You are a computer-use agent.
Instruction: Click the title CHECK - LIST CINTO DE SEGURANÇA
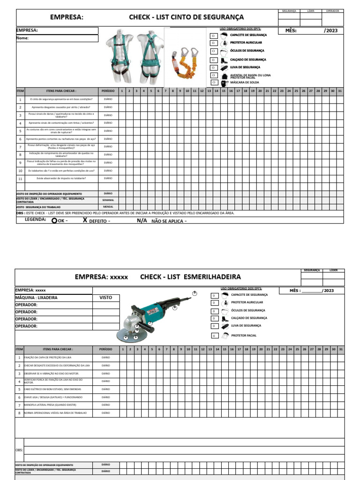tap(187, 17)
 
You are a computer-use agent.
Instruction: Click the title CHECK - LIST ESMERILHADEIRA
tap(190, 277)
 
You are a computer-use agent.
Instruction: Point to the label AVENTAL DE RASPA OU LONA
tap(250, 75)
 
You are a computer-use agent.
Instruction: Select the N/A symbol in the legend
tap(142, 220)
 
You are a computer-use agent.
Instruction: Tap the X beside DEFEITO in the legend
tap(85, 220)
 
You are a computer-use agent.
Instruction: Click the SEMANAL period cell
tap(108, 200)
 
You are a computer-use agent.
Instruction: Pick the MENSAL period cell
tap(108, 207)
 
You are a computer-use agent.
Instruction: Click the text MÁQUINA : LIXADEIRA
tap(37, 298)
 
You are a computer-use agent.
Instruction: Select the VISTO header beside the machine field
tap(105, 298)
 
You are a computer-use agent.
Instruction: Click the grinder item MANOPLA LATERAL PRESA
tap(50, 405)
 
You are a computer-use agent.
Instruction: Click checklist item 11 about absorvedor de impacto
tap(61, 179)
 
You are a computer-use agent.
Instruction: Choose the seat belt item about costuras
tap(61, 131)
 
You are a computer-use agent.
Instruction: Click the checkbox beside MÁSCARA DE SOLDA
tap(213, 82)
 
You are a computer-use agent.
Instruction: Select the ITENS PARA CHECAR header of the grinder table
tap(58, 349)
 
